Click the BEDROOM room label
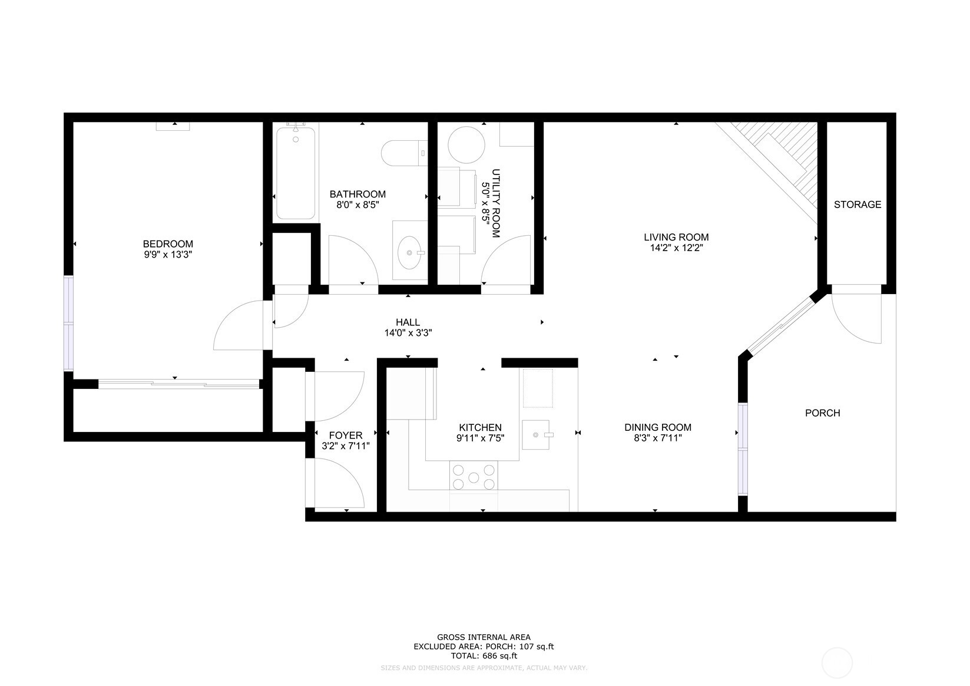point(168,244)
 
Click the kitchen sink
point(537,435)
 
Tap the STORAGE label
point(857,205)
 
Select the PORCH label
point(822,413)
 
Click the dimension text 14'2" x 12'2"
point(676,248)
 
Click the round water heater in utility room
point(466,145)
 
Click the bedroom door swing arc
point(236,327)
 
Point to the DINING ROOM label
point(657,427)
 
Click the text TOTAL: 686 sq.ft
point(484,655)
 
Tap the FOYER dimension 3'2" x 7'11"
point(345,446)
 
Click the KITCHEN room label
point(480,427)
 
